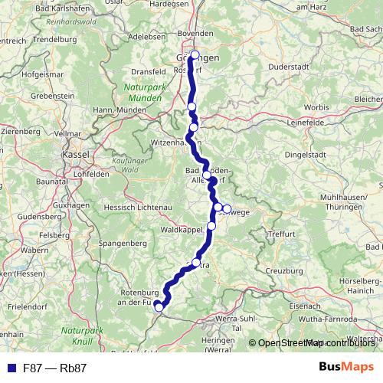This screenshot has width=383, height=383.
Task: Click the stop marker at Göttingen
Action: (195, 55)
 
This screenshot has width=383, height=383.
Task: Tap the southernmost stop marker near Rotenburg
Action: (159, 308)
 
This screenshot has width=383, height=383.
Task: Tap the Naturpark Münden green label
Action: (143, 93)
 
